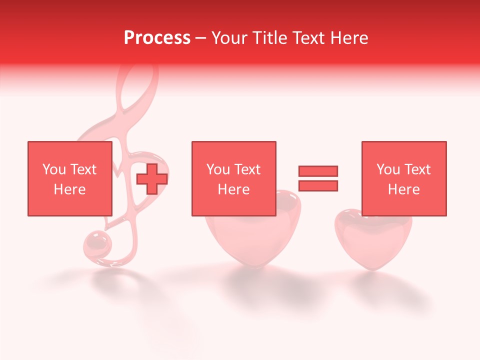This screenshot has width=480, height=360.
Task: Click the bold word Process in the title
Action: pos(157,38)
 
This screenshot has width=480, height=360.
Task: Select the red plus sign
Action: pos(152,179)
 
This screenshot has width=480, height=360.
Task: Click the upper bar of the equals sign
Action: pos(318,171)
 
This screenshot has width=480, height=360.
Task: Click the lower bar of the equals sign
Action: pos(318,185)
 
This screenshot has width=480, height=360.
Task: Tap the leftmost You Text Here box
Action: pos(69,178)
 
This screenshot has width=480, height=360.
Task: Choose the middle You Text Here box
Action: pos(233,178)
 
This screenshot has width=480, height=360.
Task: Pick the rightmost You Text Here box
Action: pos(403,178)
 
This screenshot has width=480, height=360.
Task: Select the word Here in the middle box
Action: pos(233,189)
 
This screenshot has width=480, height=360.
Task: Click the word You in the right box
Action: pos(388,169)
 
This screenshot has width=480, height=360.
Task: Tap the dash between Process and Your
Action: pos(201,38)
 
